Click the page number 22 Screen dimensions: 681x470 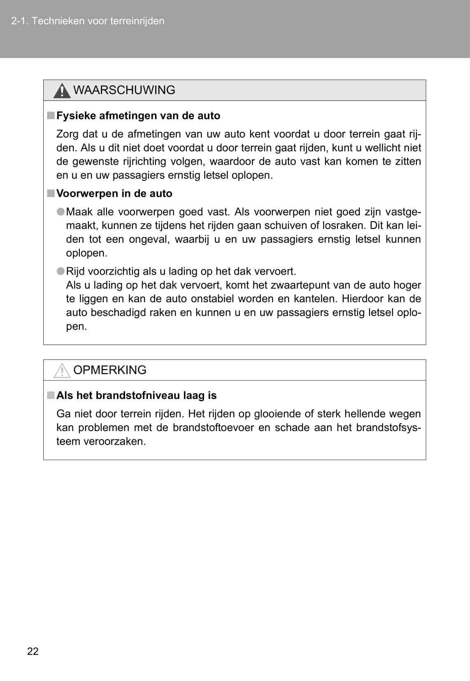[33, 651]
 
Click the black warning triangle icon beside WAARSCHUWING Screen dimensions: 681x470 [62, 91]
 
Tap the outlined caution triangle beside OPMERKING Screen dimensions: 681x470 [62, 371]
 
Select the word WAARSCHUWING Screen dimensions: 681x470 [124, 90]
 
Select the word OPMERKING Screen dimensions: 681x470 [109, 370]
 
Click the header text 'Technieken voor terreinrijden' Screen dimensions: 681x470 [98, 21]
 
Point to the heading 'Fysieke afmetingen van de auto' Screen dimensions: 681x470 [138, 116]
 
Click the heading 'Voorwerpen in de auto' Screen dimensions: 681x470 [114, 194]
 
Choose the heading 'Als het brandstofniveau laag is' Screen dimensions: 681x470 [136, 395]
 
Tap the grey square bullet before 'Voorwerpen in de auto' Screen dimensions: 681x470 [51, 193]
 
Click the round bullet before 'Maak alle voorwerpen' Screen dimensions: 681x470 [60, 212]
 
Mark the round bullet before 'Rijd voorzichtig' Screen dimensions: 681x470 [60, 271]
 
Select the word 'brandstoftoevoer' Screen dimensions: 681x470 [213, 427]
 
